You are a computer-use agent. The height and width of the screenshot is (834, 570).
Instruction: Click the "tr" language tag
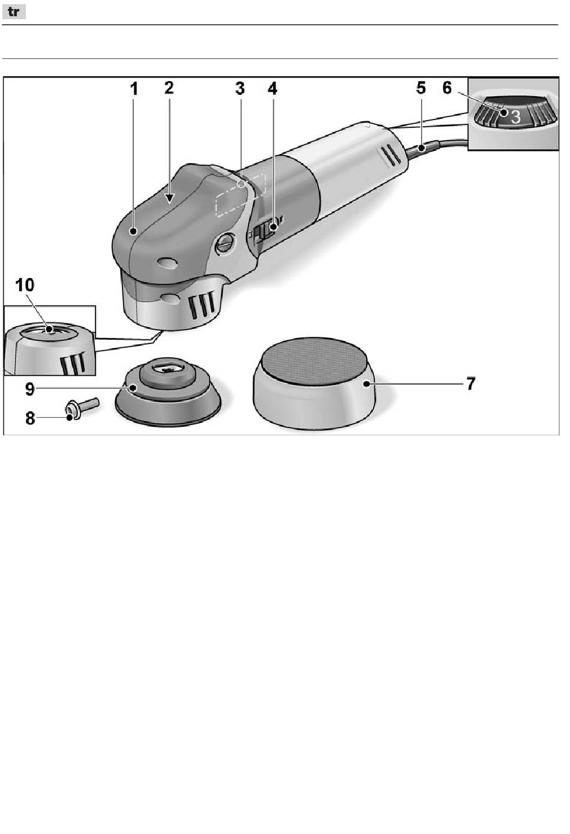(x=14, y=12)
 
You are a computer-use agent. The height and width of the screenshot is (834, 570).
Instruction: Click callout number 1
(x=134, y=89)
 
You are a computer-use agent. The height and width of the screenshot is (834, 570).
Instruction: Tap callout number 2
(x=169, y=88)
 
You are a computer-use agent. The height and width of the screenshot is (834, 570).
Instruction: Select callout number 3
(x=240, y=89)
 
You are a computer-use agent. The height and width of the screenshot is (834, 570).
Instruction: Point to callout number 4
(x=273, y=89)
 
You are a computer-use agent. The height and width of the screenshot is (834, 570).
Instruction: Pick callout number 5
(x=421, y=88)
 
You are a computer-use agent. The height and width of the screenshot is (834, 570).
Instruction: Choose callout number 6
(x=447, y=88)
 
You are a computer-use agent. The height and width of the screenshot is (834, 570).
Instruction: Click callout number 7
(x=470, y=384)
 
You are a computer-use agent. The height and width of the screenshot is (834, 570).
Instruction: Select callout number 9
(x=30, y=389)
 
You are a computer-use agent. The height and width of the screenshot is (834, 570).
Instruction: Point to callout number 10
(x=25, y=285)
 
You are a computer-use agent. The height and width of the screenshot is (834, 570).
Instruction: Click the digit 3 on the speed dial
(x=515, y=117)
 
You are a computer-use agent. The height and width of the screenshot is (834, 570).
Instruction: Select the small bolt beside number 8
(x=82, y=407)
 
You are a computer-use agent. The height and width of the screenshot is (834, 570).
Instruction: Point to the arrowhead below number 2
(x=170, y=199)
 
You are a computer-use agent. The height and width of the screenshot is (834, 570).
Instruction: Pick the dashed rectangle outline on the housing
(x=241, y=195)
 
